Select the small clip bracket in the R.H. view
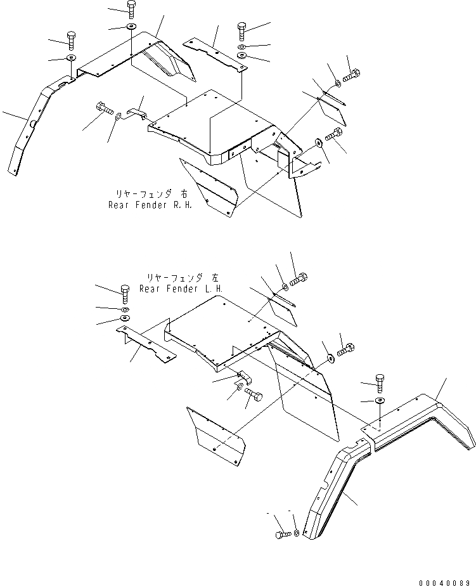click(x=139, y=114)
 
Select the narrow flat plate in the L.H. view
click(x=146, y=346)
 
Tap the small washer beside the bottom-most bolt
click(x=297, y=531)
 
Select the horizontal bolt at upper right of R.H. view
click(x=351, y=78)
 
